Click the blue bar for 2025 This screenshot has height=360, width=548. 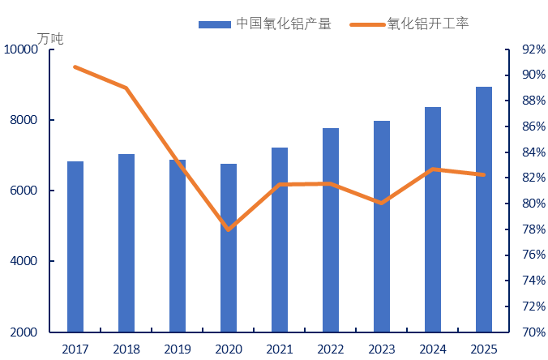[x=484, y=209]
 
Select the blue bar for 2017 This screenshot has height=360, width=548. [x=75, y=246]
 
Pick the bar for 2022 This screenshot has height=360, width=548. [x=331, y=229]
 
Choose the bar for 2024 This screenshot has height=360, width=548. [x=433, y=219]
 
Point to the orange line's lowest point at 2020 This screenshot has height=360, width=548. [x=229, y=229]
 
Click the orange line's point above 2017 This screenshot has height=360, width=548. [x=75, y=66]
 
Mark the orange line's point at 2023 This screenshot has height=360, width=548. [x=382, y=204]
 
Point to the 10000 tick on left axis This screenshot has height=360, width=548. [x=21, y=50]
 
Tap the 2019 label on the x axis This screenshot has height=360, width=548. [x=178, y=349]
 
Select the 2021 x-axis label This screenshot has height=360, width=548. [x=280, y=349]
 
